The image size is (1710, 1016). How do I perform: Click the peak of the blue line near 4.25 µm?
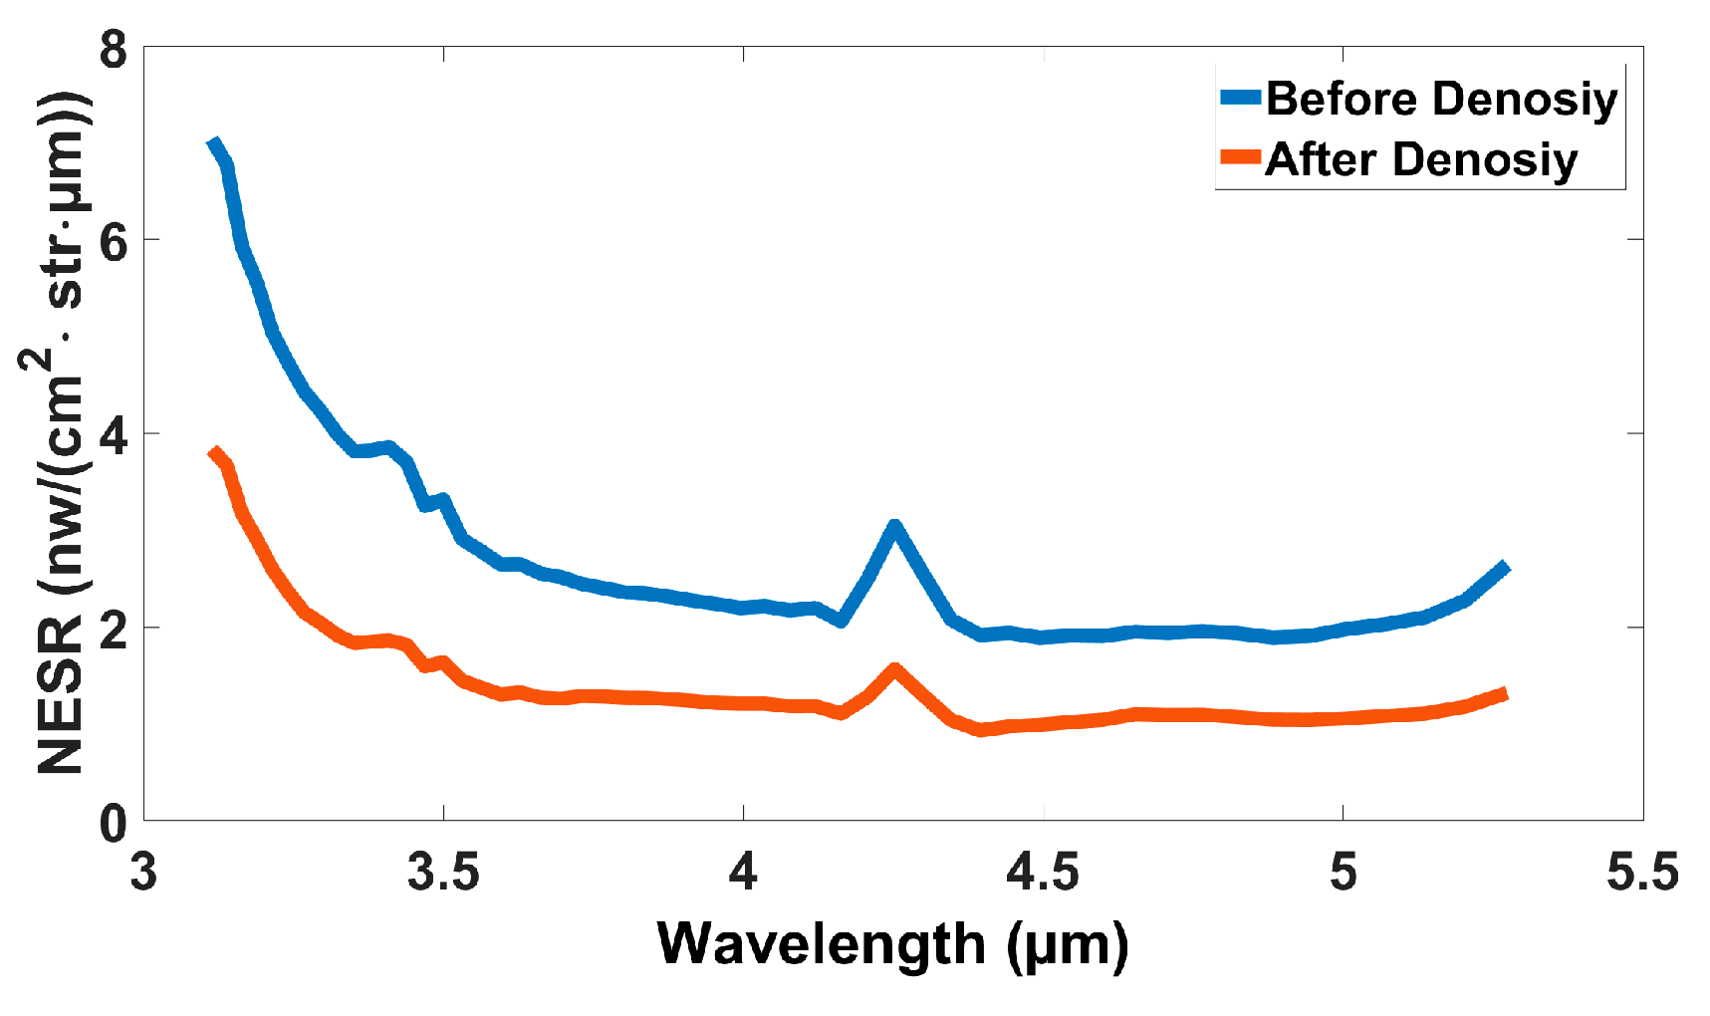894,527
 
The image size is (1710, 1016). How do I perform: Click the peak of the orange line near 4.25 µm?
894,669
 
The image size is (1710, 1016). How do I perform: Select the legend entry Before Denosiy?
1441,100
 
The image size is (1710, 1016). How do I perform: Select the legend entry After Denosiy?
1421,159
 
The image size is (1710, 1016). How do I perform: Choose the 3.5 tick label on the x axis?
444,873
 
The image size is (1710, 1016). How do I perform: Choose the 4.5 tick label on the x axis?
1043,873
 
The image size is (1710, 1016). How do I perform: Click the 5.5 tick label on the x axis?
1642,873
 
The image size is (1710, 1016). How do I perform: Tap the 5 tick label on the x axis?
1343,873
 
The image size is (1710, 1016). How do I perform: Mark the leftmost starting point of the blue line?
213,143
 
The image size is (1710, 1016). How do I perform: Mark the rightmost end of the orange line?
1506,693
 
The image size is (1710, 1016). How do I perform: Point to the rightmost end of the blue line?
1506,567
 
